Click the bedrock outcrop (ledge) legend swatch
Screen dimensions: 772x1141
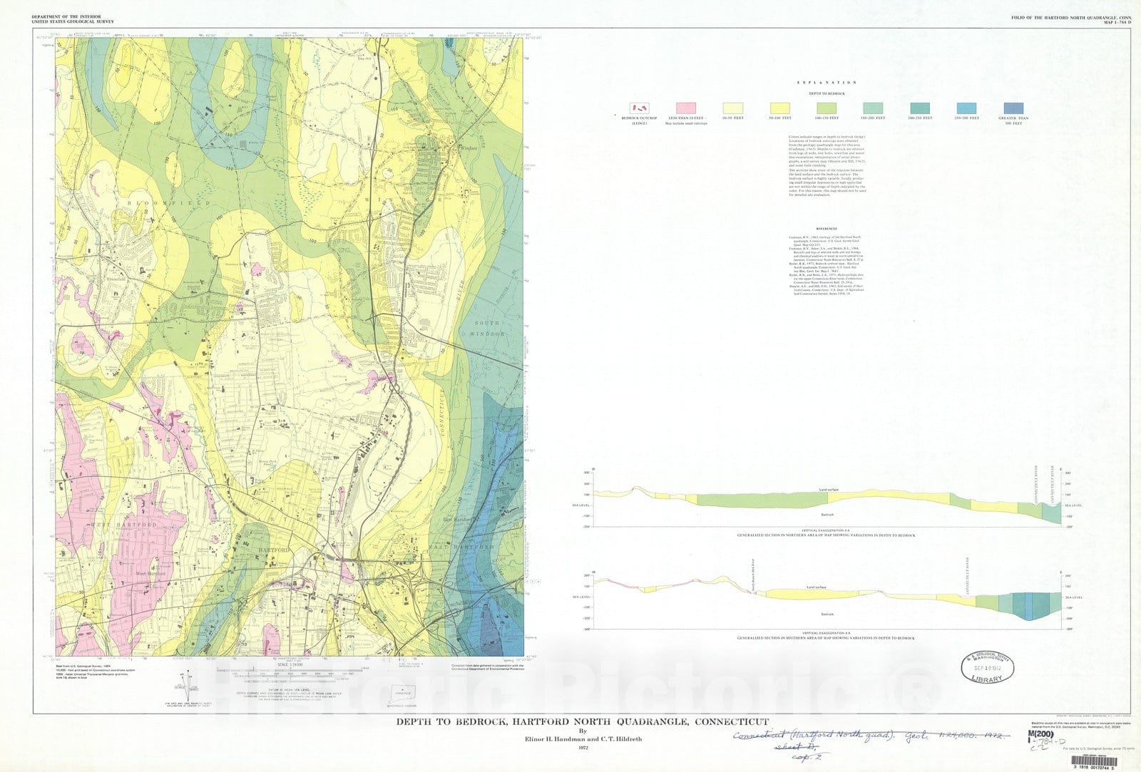coord(639,108)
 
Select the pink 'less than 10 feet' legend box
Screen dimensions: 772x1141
coord(686,108)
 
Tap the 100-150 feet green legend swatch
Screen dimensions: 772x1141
coord(827,108)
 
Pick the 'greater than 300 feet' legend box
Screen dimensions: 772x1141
coord(1013,108)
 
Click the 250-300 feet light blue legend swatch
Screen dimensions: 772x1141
coord(966,108)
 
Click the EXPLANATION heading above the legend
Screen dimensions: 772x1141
coord(827,83)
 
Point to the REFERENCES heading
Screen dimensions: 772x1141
coord(827,230)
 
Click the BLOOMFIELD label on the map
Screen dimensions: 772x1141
coord(169,203)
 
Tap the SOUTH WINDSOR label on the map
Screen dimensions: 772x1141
coord(490,329)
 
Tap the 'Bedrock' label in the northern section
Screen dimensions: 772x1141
coord(827,514)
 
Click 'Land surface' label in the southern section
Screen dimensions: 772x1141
coord(815,587)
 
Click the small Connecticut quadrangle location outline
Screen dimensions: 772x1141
coord(403,691)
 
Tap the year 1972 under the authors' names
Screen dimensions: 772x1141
coord(583,748)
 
